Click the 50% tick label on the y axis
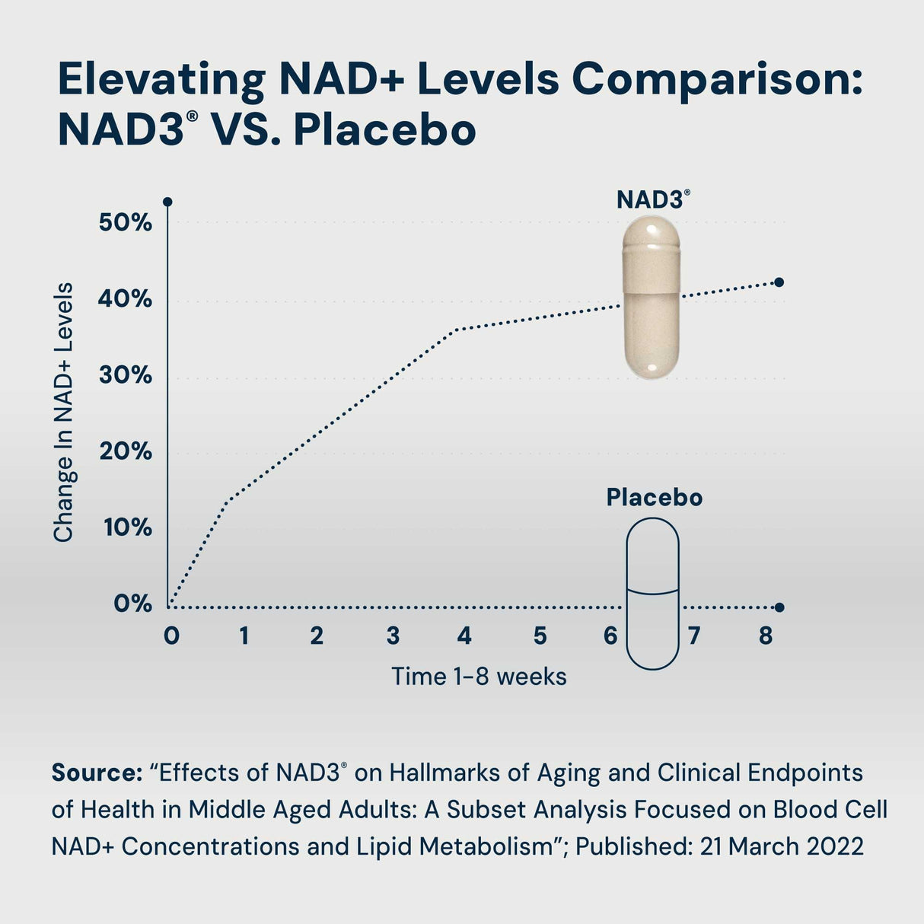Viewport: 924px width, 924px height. click(x=125, y=223)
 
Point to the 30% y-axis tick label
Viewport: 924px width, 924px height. click(x=125, y=375)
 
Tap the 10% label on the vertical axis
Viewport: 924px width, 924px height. click(x=127, y=527)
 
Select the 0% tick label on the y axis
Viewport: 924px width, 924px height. click(x=132, y=604)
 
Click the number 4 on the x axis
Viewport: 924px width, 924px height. click(x=464, y=636)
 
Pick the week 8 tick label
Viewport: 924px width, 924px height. click(x=766, y=636)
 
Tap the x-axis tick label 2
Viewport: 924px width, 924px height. click(x=317, y=636)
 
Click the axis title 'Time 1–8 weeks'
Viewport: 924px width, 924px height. click(x=479, y=677)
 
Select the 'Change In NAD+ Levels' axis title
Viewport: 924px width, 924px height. click(x=64, y=413)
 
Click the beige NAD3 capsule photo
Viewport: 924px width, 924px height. click(x=651, y=297)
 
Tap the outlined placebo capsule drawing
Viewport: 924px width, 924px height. click(x=652, y=594)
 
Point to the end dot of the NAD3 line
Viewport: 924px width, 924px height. click(x=779, y=282)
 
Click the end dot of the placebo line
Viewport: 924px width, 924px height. click(x=779, y=607)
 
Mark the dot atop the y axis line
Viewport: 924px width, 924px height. click(x=167, y=202)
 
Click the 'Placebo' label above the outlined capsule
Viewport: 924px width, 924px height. click(x=654, y=498)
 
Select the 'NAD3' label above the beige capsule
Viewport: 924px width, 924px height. click(x=651, y=199)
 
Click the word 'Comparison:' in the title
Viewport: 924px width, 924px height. click(x=718, y=79)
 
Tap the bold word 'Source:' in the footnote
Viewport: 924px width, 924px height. click(x=97, y=773)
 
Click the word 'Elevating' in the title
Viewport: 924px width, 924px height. click(x=161, y=79)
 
